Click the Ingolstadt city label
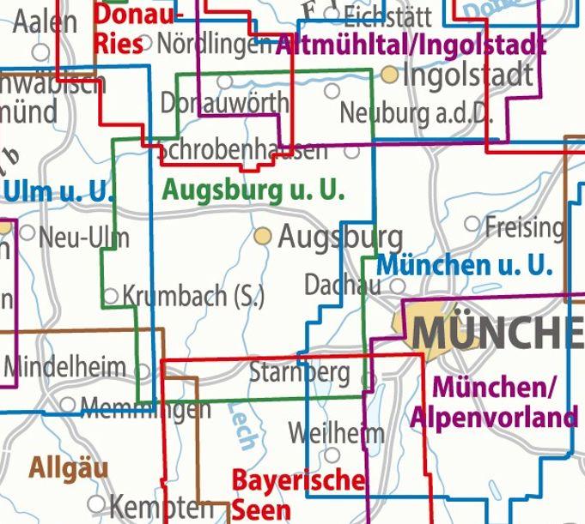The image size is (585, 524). coord(467,75)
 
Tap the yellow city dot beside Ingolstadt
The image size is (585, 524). coord(390,75)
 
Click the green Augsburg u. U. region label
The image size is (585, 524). coord(253,190)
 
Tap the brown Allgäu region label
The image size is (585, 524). coord(69,468)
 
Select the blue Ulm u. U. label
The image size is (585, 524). coord(58,191)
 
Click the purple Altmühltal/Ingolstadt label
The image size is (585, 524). coord(411,43)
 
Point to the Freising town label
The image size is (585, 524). coord(524,227)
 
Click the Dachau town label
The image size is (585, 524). coord(342,284)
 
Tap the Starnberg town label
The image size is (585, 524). coord(300,373)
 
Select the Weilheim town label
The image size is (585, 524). coord(336,432)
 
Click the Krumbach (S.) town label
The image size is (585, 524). coord(193,297)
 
